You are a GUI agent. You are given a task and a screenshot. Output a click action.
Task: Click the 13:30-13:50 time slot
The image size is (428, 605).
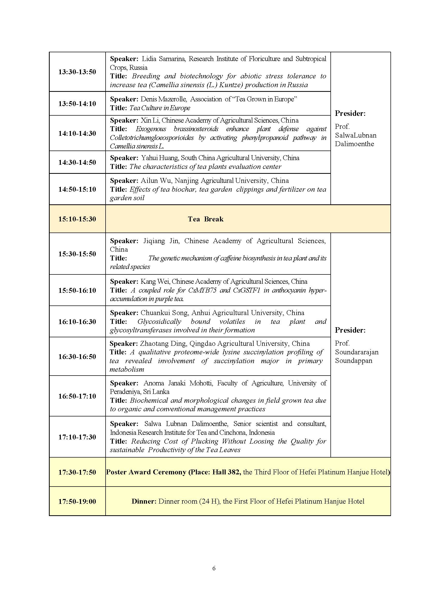coord(77,72)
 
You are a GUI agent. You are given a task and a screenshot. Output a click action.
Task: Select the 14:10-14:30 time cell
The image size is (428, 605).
coord(77,133)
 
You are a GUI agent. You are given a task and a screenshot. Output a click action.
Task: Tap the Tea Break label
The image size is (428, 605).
coord(205,219)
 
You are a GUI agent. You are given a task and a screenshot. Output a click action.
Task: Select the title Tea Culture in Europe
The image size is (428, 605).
coord(160,108)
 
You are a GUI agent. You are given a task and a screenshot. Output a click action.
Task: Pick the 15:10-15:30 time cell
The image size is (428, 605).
coord(77,219)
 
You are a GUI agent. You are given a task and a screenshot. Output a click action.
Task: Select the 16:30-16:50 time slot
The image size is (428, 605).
coord(77,357)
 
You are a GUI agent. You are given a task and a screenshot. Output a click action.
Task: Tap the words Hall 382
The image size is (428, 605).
coord(226,472)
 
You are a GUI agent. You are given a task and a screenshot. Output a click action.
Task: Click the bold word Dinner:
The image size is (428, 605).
coord(144,501)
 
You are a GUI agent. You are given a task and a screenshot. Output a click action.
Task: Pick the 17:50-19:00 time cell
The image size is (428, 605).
coord(77,501)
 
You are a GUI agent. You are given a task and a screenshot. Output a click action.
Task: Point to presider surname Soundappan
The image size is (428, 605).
coord(354,361)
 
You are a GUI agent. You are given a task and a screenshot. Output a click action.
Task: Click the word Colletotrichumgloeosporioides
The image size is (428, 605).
coord(152,138)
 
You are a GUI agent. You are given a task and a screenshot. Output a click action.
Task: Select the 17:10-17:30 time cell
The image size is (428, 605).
coord(77,437)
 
